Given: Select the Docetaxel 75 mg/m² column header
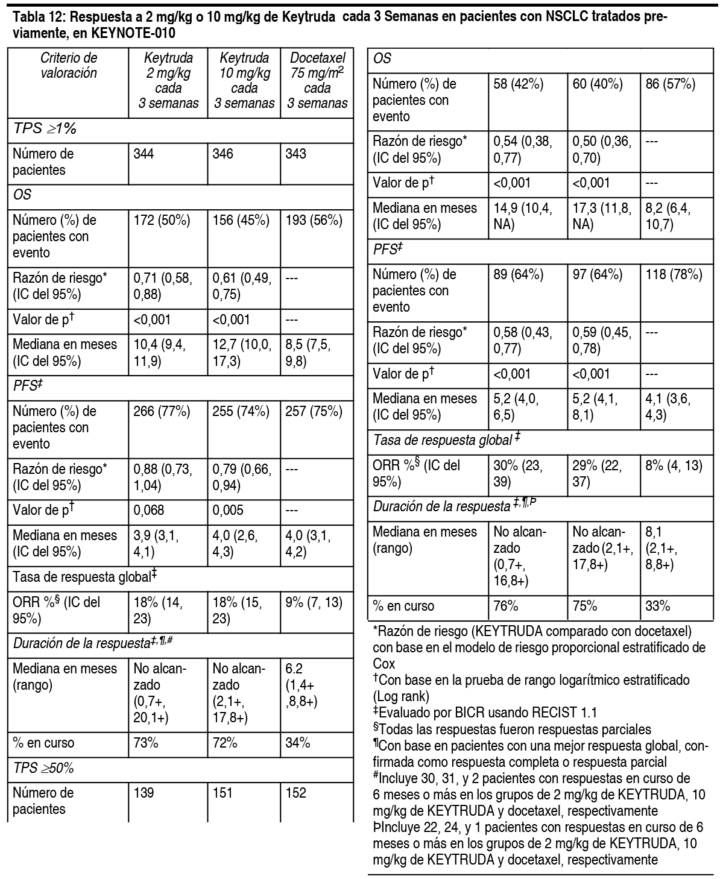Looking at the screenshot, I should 317,81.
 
